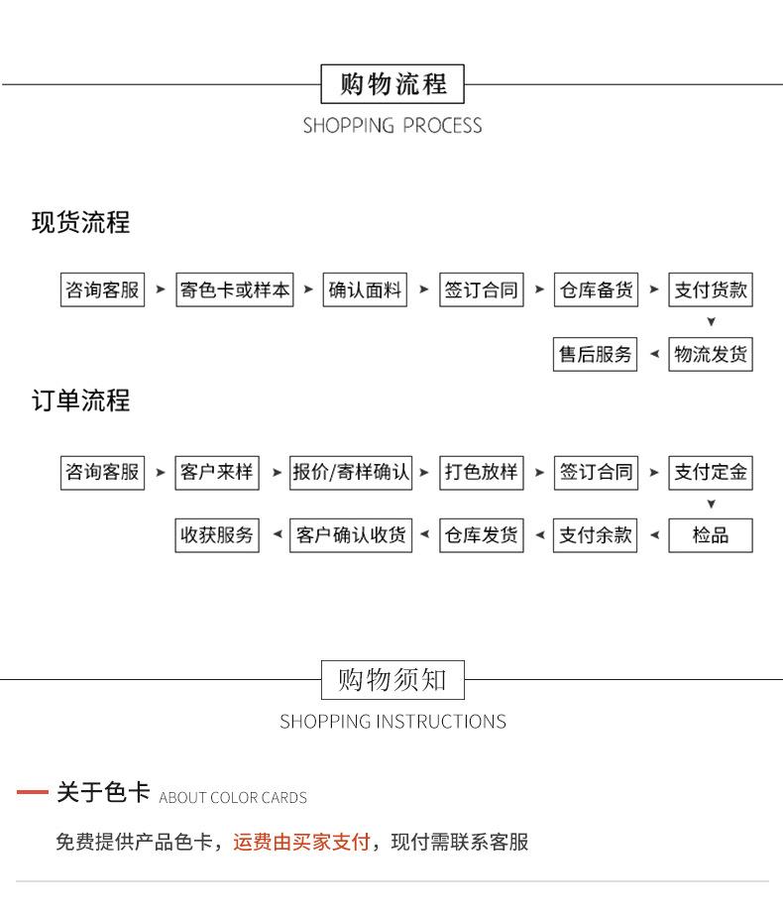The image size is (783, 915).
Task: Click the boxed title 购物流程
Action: tap(392, 84)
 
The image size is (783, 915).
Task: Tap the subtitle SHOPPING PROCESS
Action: tap(392, 126)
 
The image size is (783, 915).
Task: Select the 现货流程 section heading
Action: tap(80, 223)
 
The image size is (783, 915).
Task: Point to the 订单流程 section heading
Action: tap(80, 401)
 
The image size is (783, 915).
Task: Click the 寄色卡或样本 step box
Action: tap(235, 290)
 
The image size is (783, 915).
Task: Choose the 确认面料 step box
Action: tap(366, 290)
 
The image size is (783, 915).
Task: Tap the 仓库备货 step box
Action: tap(596, 290)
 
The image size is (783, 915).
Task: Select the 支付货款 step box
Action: tap(711, 290)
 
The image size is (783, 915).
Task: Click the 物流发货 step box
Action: tap(711, 354)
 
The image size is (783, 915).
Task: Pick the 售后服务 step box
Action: tap(596, 354)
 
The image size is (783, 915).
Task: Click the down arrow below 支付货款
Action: tap(711, 322)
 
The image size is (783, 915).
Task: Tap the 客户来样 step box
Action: tap(217, 472)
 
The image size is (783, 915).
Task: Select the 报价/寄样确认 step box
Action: tap(351, 472)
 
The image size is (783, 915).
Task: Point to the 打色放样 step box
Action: tap(481, 472)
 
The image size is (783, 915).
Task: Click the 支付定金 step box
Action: tap(711, 472)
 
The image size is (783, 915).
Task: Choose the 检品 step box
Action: tap(711, 535)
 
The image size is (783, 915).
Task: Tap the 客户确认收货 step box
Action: tap(351, 535)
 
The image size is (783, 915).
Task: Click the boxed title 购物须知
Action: tap(392, 680)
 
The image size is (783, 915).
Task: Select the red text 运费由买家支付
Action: tap(301, 843)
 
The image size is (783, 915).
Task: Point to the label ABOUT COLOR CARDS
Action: tap(233, 798)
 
